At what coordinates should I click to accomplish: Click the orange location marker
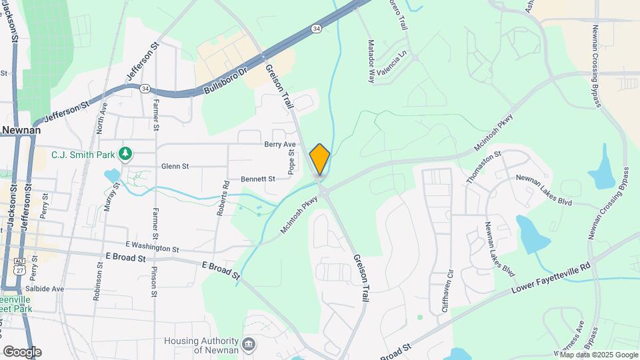click(320, 159)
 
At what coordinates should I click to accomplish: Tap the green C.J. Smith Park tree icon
click(125, 154)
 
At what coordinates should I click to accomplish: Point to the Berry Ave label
click(279, 144)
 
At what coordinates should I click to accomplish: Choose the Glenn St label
click(176, 166)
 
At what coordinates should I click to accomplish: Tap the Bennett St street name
click(258, 179)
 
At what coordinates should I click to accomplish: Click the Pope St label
click(291, 161)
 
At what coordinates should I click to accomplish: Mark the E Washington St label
click(152, 248)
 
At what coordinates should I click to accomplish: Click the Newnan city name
click(20, 131)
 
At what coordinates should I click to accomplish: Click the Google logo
click(22, 351)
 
